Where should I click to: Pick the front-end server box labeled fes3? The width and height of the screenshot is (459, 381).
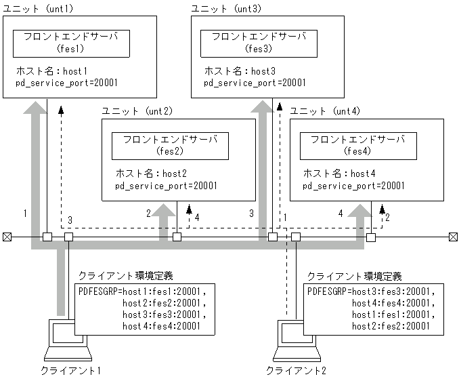259,43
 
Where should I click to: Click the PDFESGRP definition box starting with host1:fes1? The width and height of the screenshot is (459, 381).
145,309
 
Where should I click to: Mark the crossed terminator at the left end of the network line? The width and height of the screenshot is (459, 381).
7,237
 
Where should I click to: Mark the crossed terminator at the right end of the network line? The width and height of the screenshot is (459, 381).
452,237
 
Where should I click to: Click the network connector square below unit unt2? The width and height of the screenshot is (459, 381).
177,237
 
